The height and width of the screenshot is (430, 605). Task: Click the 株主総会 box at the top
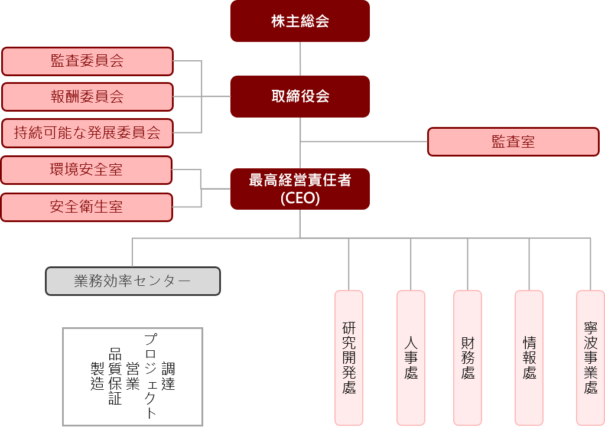(300, 21)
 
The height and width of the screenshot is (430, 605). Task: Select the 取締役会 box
(300, 96)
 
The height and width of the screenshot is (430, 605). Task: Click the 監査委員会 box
(87, 61)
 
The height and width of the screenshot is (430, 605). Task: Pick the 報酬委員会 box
(87, 97)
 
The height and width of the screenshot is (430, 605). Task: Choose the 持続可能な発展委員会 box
(87, 133)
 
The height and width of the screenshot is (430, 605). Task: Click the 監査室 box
(513, 142)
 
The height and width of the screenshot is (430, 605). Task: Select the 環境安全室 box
(86, 170)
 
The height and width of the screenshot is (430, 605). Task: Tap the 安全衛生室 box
(86, 207)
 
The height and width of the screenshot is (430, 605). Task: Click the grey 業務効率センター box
(133, 281)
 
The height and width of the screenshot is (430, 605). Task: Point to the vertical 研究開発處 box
(349, 357)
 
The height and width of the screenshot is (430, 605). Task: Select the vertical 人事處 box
(411, 357)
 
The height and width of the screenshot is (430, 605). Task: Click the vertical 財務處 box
(467, 357)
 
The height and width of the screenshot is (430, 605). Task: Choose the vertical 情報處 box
(529, 357)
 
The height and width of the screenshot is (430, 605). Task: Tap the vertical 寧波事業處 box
(590, 357)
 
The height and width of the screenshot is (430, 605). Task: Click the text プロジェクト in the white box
(151, 376)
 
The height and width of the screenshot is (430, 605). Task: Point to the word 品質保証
(115, 376)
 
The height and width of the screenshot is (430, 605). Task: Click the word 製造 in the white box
(97, 376)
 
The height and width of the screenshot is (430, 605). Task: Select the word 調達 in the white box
(168, 376)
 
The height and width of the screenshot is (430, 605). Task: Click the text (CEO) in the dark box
(300, 198)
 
